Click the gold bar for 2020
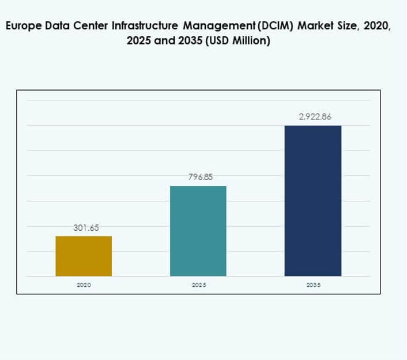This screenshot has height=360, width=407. click(x=84, y=256)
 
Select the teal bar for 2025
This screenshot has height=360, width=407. click(x=198, y=231)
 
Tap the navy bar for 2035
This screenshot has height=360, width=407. click(x=313, y=201)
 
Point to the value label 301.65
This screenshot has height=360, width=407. click(x=86, y=228)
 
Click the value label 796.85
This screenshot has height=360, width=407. click(x=200, y=177)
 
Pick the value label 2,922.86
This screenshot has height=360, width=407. click(x=315, y=117)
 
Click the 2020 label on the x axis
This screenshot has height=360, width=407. click(x=84, y=285)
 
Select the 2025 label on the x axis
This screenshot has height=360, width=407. click(x=199, y=285)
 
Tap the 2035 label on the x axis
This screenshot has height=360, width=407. click(x=314, y=285)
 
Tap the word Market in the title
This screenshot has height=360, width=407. click(x=312, y=27)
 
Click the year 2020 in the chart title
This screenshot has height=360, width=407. click(x=378, y=27)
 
